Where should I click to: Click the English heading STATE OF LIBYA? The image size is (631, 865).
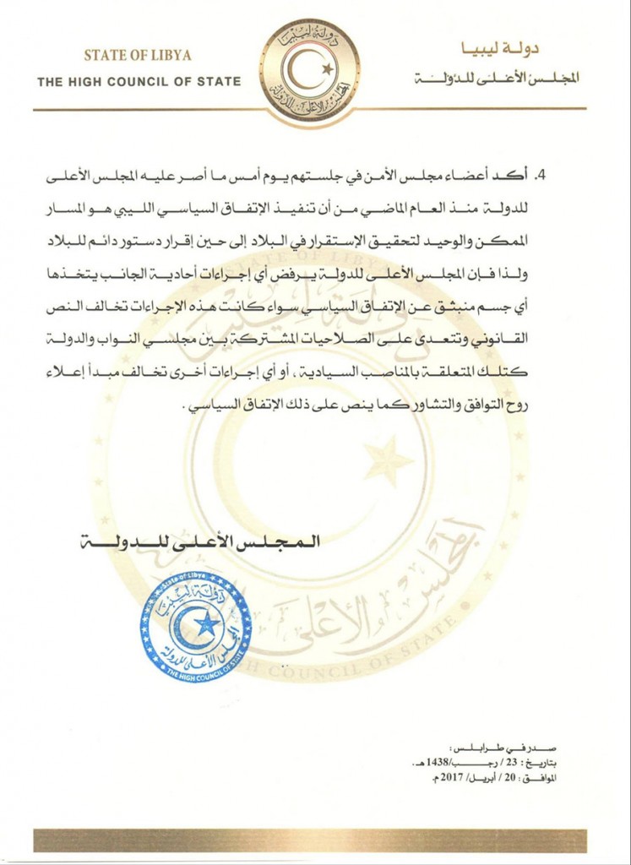click(137, 56)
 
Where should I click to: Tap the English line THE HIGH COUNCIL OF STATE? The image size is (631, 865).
click(139, 82)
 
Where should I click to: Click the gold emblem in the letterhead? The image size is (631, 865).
click(310, 72)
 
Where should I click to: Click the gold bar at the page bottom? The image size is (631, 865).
click(310, 840)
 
